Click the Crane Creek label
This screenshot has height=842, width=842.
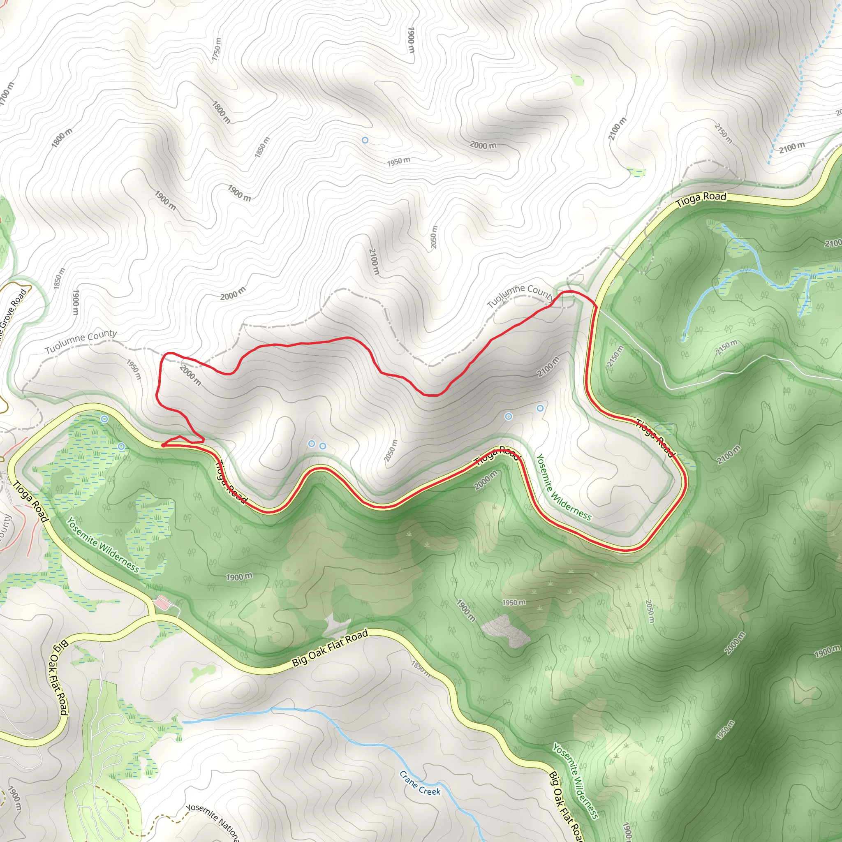click(420, 783)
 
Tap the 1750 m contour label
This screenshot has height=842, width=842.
click(217, 49)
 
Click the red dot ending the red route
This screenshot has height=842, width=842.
click(163, 445)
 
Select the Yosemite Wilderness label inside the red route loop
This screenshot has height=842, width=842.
click(563, 487)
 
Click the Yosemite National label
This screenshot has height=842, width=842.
click(213, 822)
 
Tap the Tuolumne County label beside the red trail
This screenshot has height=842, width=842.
click(520, 295)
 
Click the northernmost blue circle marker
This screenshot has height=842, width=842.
click(365, 140)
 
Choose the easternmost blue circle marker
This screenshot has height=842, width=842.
click(540, 408)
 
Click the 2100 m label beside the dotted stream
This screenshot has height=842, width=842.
click(792, 147)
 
